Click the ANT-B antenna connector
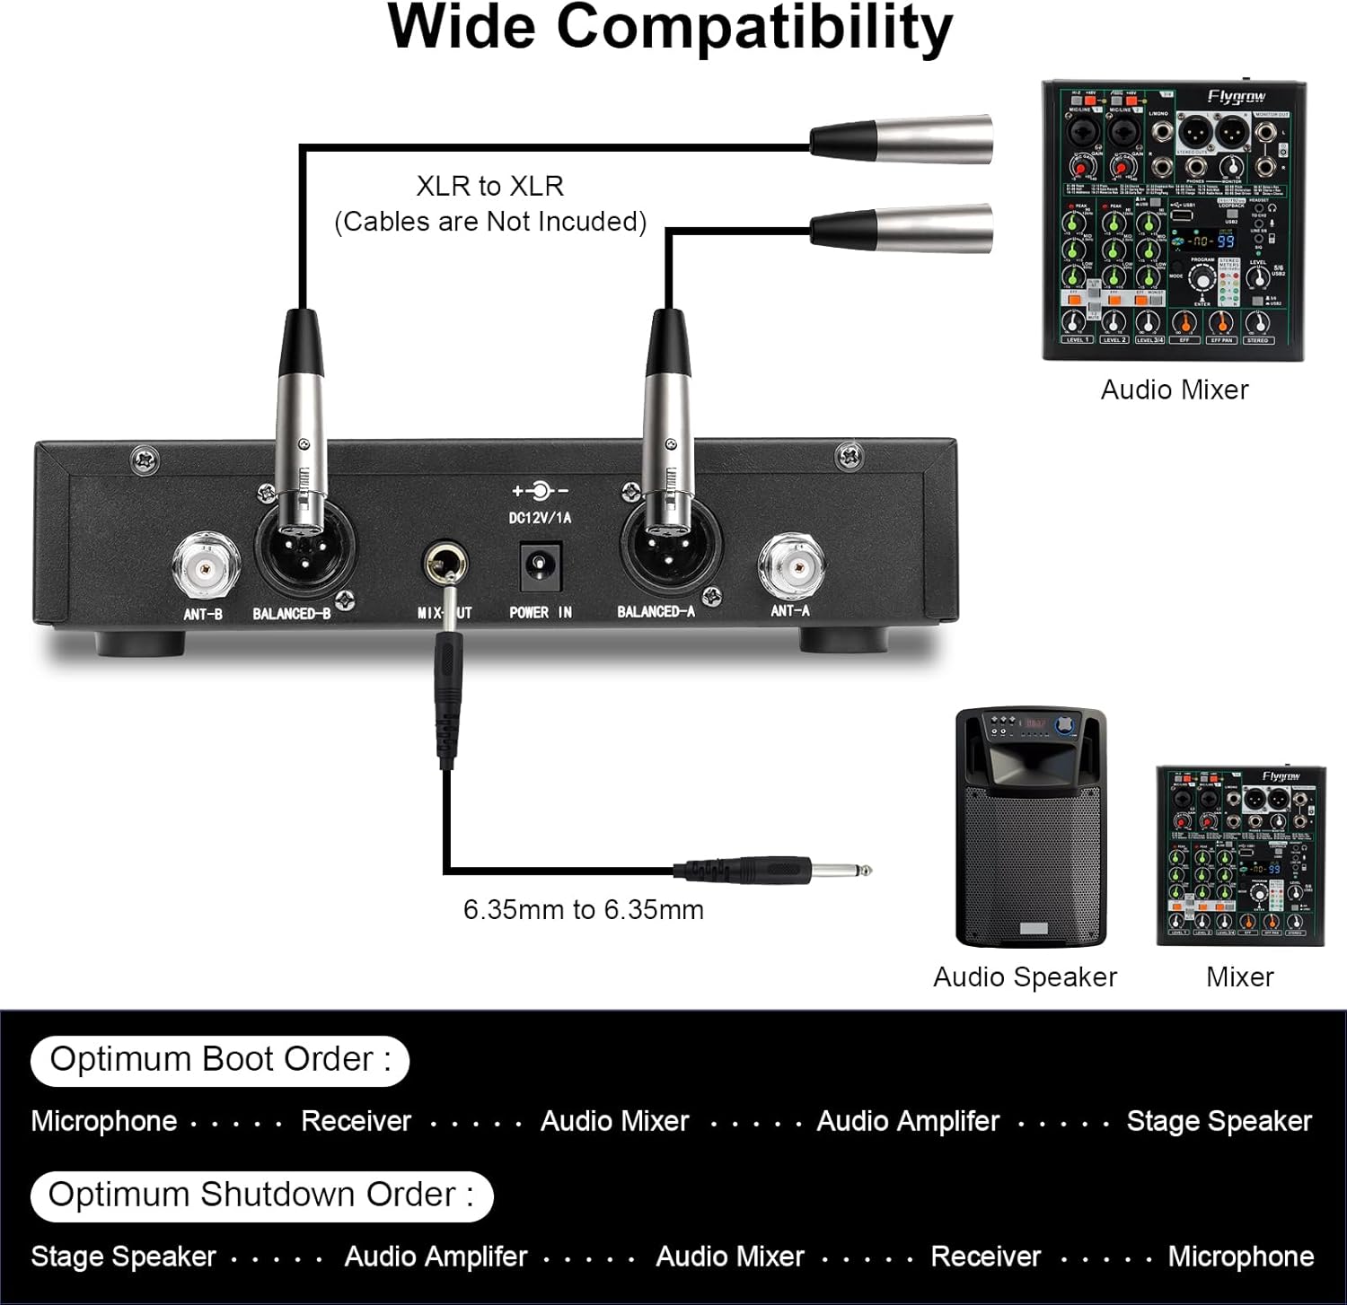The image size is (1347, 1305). pos(206,567)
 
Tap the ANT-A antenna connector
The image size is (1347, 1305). pos(790,565)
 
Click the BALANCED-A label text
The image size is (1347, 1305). pos(656,612)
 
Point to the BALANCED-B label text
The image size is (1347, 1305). pos(291,614)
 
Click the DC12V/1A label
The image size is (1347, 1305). pos(540,518)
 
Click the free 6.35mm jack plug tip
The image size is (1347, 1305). pos(844,869)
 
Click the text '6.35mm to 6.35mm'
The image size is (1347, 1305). pos(583,909)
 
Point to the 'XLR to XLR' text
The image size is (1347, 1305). pos(489,186)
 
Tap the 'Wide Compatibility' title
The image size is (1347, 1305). pos(669,29)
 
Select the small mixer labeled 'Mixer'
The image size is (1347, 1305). pos(1240,854)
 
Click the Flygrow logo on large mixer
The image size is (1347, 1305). pos(1237,97)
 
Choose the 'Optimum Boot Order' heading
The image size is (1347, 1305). pos(220,1060)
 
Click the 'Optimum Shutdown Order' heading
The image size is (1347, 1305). pos(261,1196)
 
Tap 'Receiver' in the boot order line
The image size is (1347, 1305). pos(356,1121)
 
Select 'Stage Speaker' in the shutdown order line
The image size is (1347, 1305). pos(123,1257)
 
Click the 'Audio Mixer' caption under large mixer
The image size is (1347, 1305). pos(1174,390)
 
